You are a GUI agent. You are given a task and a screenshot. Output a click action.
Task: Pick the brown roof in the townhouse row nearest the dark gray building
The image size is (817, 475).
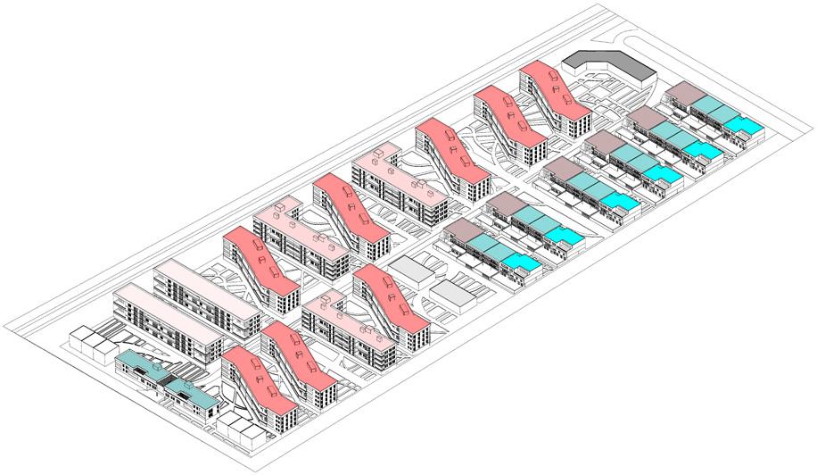[684, 93]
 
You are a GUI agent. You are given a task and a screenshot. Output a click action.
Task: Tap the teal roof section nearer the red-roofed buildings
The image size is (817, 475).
[186, 390]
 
